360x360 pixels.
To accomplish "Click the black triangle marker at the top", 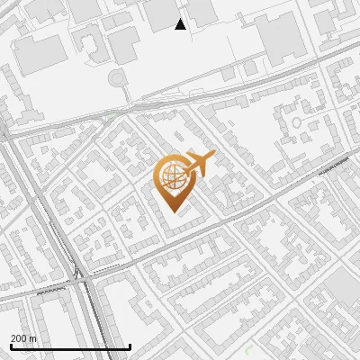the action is (181, 24).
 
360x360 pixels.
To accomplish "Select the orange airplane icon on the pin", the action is (200, 163).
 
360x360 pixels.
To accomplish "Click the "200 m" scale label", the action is (23, 338).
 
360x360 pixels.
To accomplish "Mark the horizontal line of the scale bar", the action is (70, 346).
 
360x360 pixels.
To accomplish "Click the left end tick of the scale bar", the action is (10, 345).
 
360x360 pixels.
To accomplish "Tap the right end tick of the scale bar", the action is (130, 345).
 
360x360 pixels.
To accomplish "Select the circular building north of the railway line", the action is (118, 79).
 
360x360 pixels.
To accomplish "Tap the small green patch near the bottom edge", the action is (249, 349).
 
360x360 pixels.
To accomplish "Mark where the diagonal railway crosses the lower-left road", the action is (81, 274).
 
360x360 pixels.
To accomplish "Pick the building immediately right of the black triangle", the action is (201, 10).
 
